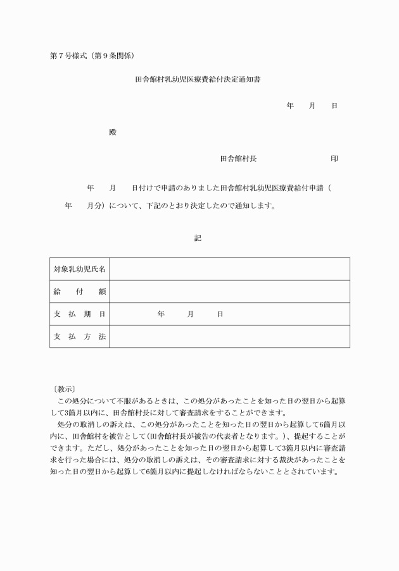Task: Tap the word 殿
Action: coord(113,132)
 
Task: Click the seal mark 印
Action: coord(334,159)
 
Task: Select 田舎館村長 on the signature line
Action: coord(238,159)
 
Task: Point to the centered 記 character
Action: coord(198,238)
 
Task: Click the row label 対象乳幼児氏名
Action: coord(79,269)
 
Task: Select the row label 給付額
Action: coord(79,292)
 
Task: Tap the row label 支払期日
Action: coord(79,314)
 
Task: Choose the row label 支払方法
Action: coord(79,336)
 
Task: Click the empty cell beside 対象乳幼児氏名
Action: coord(229,269)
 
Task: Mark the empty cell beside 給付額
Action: coord(229,292)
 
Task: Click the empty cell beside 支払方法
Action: coord(229,336)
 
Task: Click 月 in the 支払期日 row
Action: coord(190,314)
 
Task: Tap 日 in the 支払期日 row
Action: coord(220,314)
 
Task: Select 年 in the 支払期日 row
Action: coord(161,314)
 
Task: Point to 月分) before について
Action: coord(96,206)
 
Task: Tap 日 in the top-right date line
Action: coord(334,106)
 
